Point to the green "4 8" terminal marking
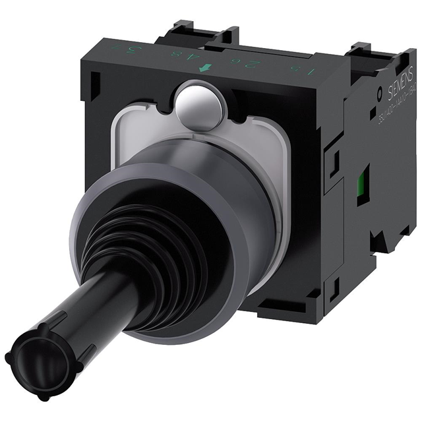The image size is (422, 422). pyautogui.click(x=191, y=64)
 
